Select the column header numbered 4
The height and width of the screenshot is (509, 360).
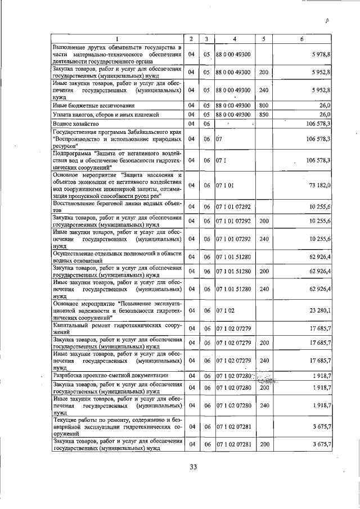235,39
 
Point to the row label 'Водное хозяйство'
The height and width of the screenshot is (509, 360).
76,123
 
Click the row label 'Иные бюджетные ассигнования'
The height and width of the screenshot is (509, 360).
93,105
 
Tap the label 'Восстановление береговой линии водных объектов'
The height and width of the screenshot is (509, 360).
117,206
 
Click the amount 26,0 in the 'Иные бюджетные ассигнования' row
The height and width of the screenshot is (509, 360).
325,105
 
